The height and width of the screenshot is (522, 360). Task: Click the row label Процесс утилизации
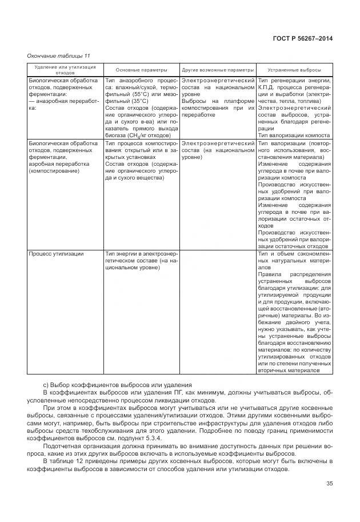pyautogui.click(x=56, y=253)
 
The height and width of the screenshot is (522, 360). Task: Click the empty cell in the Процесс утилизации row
pyautogui.click(x=218, y=314)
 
